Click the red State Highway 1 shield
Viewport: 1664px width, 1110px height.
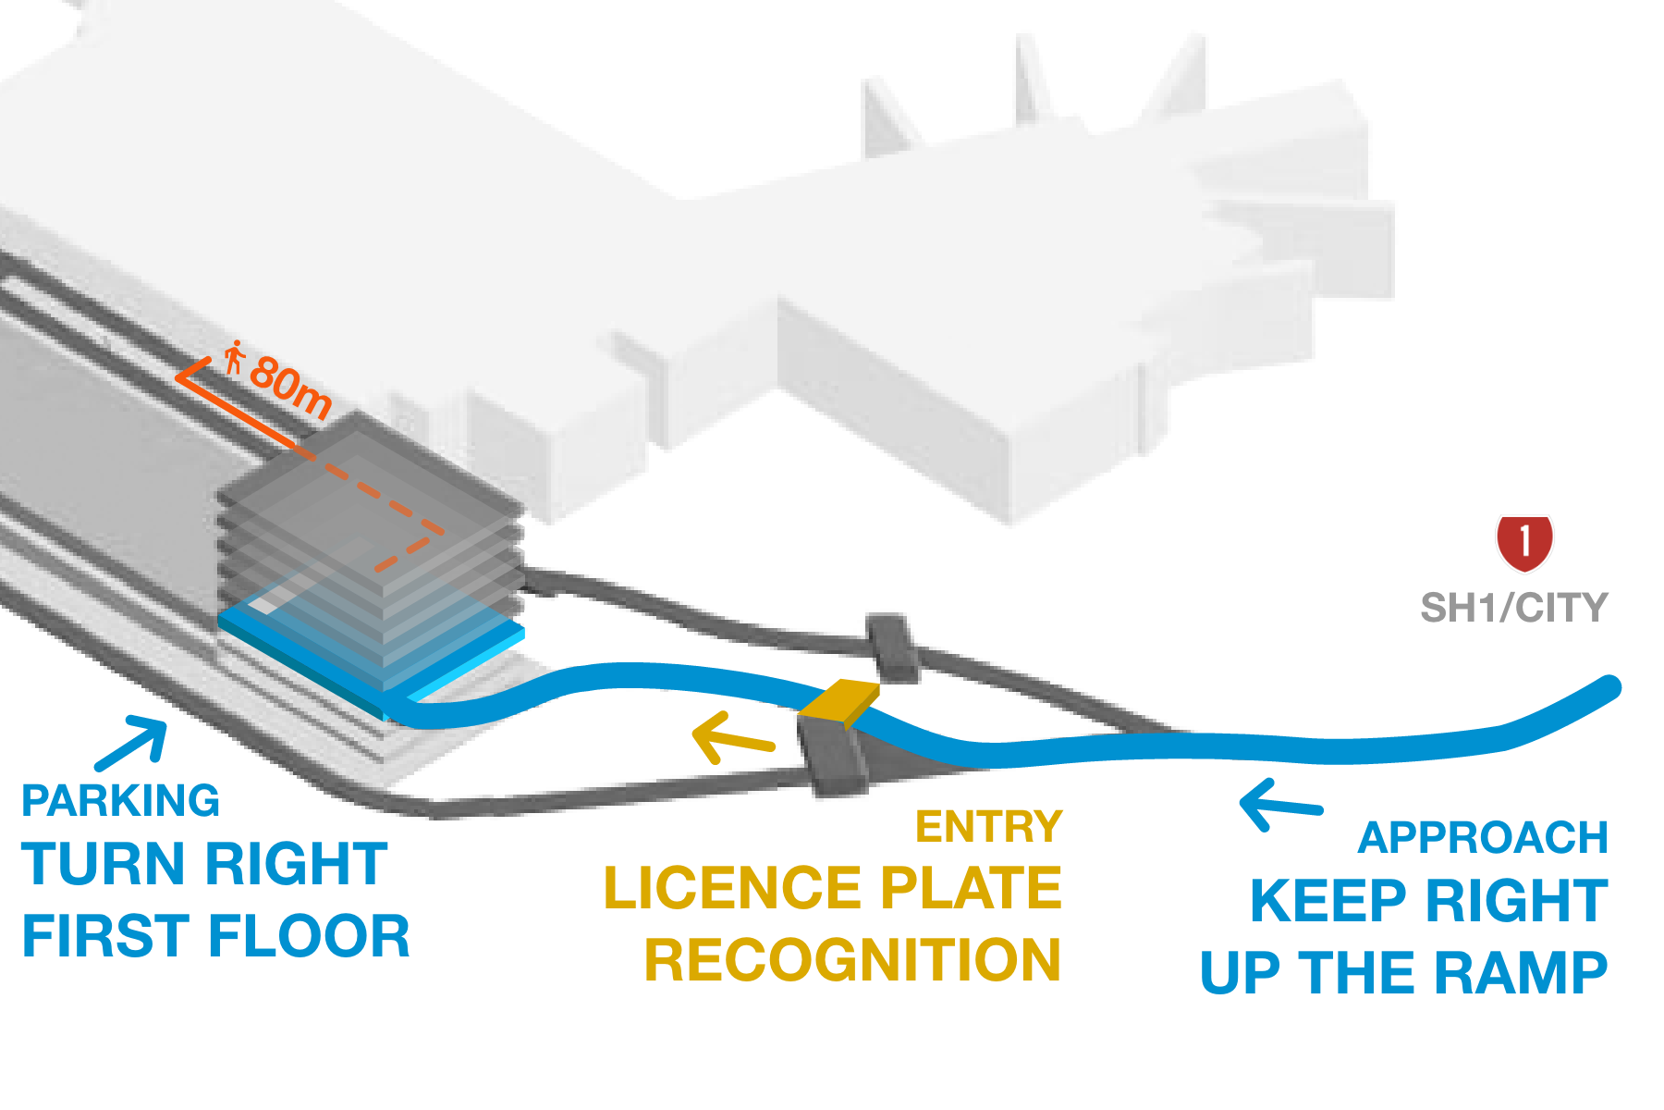(x=1524, y=543)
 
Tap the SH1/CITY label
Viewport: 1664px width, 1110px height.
(x=1513, y=608)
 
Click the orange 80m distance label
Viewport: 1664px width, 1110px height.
(x=290, y=385)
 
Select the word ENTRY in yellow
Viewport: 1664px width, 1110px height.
(x=989, y=827)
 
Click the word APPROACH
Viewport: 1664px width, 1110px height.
(x=1483, y=838)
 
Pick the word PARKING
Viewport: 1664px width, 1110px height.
(x=120, y=801)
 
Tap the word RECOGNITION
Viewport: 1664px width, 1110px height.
(x=852, y=960)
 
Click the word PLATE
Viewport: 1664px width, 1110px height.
(x=970, y=889)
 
